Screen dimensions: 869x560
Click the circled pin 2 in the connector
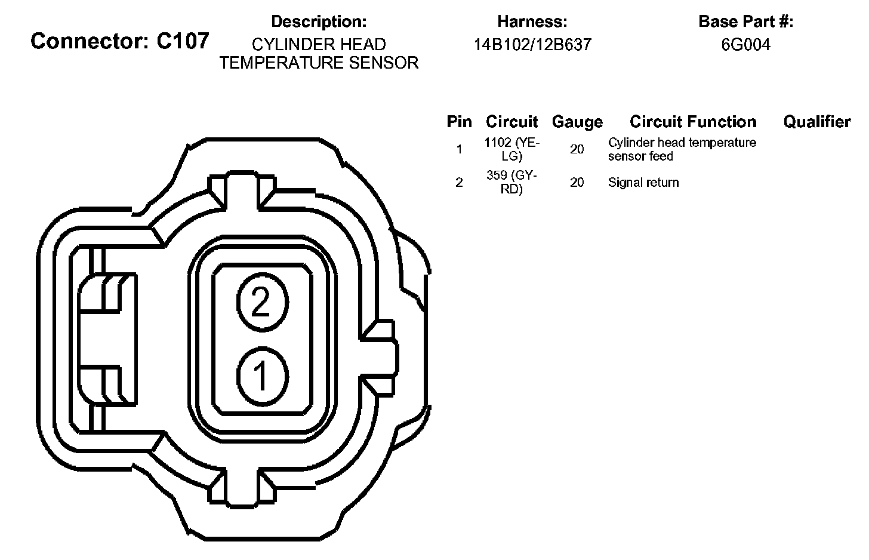[262, 302]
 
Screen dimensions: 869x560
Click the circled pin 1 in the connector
[262, 377]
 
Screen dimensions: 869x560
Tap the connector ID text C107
[183, 41]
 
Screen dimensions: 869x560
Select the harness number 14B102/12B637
[532, 45]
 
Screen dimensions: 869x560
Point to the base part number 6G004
[745, 45]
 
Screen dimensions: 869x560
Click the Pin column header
[460, 121]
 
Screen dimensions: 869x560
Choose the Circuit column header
[511, 121]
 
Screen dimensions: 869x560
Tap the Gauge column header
[577, 122]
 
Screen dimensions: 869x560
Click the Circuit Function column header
[693, 121]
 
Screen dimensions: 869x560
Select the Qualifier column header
[817, 121]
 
